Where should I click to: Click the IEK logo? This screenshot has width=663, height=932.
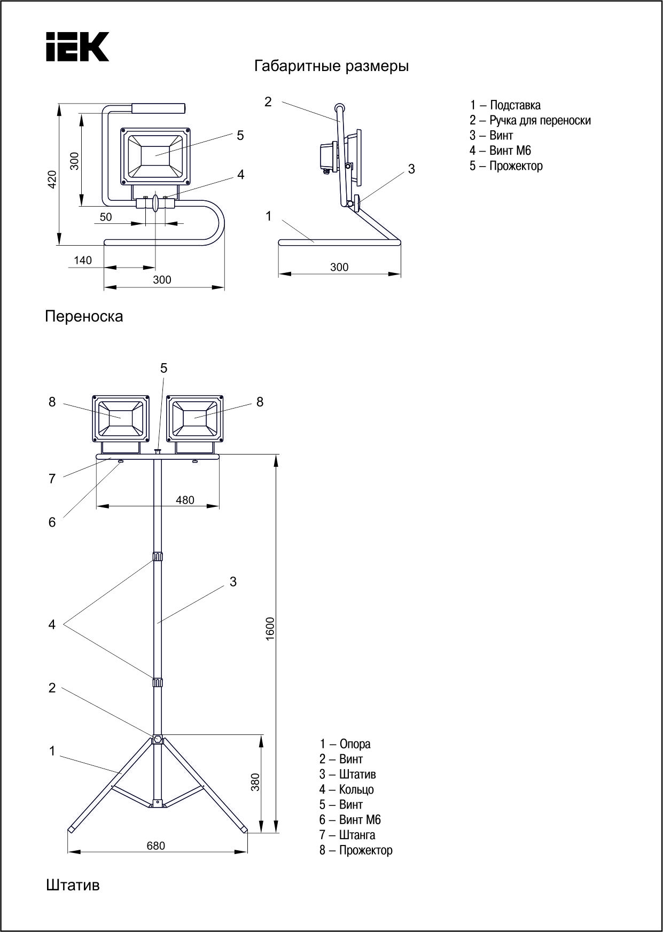click(x=77, y=46)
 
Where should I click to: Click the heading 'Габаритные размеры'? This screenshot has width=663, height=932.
click(x=331, y=67)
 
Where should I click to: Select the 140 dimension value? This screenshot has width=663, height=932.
click(x=83, y=261)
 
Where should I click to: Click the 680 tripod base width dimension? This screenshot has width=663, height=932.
click(x=156, y=846)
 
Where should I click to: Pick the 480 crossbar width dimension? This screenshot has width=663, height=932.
click(x=185, y=500)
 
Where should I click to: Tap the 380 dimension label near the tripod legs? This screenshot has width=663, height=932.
click(x=255, y=782)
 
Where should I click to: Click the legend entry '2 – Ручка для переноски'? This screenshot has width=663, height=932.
click(x=530, y=121)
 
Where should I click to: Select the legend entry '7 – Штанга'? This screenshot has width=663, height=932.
click(x=347, y=835)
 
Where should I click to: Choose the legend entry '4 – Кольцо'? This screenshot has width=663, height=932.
click(x=346, y=789)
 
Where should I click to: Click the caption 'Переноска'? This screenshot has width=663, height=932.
click(x=84, y=316)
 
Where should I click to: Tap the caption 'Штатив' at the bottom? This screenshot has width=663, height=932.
click(x=73, y=886)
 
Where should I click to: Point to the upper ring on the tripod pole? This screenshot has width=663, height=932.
click(x=157, y=557)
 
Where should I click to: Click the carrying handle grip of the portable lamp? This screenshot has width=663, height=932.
click(x=158, y=108)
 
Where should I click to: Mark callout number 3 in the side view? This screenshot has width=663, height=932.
click(x=411, y=169)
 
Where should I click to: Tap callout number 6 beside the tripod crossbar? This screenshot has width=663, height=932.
click(x=52, y=522)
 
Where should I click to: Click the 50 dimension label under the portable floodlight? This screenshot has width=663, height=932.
click(x=106, y=217)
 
